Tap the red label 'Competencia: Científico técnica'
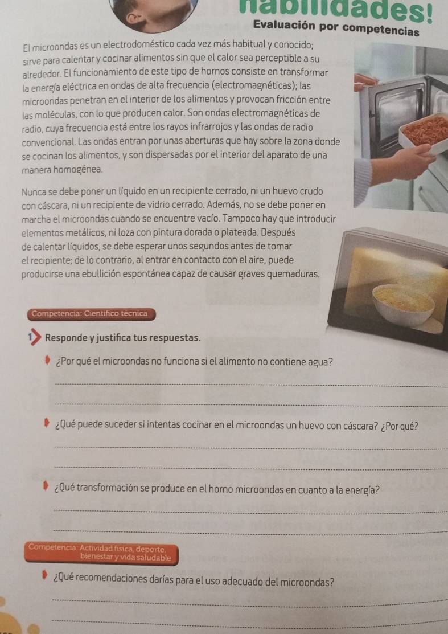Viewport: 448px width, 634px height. [89, 313]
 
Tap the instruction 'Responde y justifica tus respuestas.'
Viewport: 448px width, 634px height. [123, 338]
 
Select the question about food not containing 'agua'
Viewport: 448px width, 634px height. [194, 362]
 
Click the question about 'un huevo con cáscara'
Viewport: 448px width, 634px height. [236, 426]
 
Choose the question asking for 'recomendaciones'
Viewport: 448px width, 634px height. [194, 582]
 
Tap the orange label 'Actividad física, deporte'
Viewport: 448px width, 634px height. [100, 553]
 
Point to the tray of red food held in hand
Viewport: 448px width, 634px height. [424, 133]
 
